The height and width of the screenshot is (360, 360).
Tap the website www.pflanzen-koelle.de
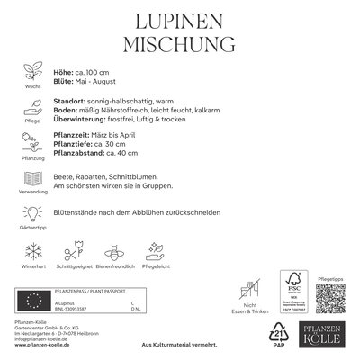pyautogui.click(x=44, y=346)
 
